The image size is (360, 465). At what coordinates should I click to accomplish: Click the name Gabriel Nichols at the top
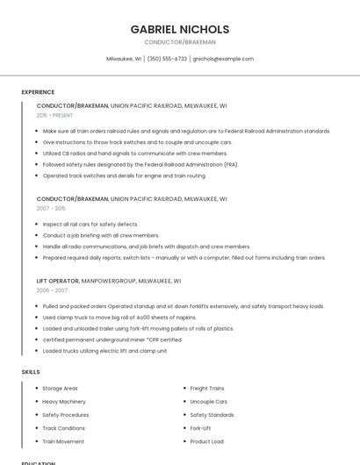click(x=180, y=29)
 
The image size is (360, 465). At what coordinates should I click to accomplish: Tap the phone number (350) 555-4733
click(x=167, y=59)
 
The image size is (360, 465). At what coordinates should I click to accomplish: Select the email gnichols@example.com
click(x=223, y=59)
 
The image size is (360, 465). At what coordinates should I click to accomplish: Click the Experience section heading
click(x=38, y=92)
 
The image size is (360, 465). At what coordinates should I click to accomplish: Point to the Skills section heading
click(x=31, y=372)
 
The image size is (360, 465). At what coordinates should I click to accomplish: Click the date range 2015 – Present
click(x=55, y=115)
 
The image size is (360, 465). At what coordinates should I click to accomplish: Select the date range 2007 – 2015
click(x=51, y=209)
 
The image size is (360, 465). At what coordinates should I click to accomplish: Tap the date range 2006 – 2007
click(x=52, y=290)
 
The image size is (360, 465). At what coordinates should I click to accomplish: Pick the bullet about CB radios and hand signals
click(x=134, y=153)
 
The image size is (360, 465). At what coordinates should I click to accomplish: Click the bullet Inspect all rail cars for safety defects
click(x=90, y=224)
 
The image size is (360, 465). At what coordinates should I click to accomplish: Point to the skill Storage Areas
click(x=60, y=388)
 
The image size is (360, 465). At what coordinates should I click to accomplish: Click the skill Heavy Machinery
click(x=64, y=401)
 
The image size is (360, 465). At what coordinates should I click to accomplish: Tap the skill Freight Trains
click(x=207, y=388)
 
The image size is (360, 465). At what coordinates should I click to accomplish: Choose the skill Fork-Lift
click(x=200, y=428)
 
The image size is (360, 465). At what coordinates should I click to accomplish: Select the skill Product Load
click(x=206, y=441)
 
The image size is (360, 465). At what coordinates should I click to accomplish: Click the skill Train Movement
click(x=63, y=441)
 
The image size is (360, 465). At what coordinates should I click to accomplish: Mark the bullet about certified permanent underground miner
click(x=112, y=340)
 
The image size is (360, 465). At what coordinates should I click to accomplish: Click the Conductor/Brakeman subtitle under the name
click(x=180, y=42)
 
